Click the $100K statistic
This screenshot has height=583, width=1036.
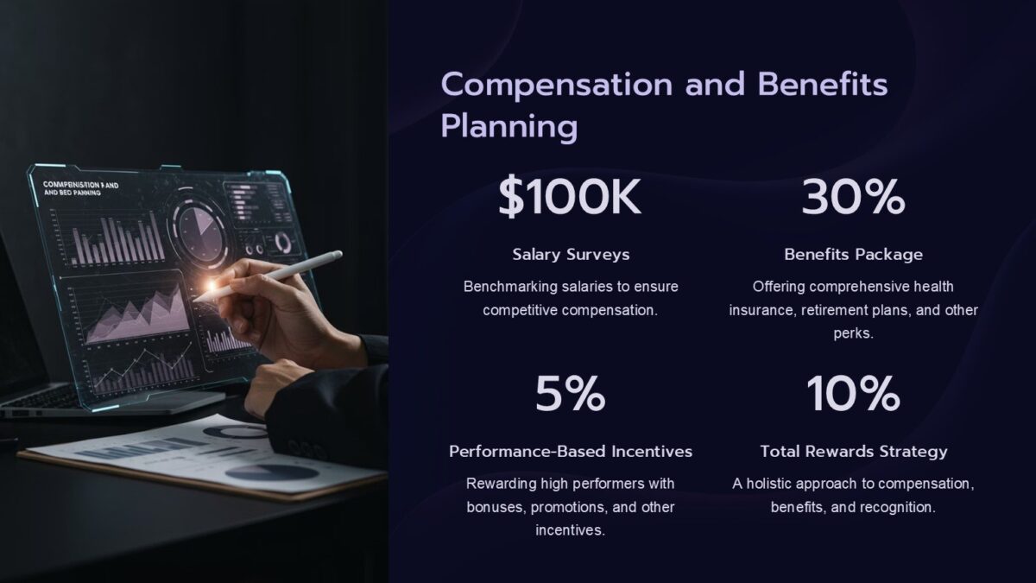(570, 199)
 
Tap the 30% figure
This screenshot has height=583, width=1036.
(853, 199)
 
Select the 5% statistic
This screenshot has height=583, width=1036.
(570, 395)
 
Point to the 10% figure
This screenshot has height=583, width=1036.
(853, 395)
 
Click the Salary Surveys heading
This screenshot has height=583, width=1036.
(571, 255)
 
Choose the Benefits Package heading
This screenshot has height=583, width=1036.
(853, 255)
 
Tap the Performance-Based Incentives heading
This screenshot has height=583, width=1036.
(571, 452)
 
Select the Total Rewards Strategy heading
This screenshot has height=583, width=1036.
(853, 452)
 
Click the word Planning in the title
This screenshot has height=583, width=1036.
(509, 127)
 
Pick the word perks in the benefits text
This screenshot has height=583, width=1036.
(853, 333)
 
